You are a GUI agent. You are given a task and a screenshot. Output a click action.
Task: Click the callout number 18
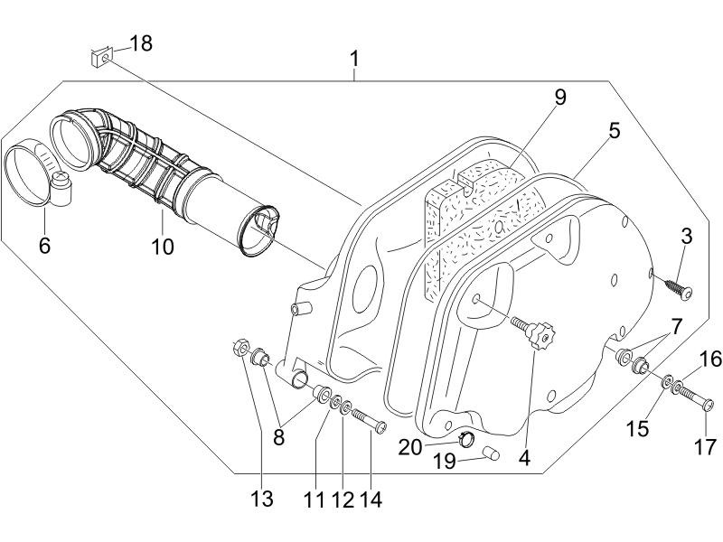(x=141, y=43)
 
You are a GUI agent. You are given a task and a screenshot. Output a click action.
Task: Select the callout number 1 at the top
(x=355, y=60)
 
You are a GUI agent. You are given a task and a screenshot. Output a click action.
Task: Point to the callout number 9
(x=560, y=98)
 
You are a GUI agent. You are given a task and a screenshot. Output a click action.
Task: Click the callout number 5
(x=614, y=130)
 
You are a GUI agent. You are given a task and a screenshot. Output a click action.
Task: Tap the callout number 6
(x=44, y=244)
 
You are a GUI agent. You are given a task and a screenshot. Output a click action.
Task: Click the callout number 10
(x=163, y=245)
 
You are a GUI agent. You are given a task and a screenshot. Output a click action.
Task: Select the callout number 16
(x=711, y=360)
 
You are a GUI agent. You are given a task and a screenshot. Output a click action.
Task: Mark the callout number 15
(x=638, y=427)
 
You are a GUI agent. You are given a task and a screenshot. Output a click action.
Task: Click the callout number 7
(x=676, y=326)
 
